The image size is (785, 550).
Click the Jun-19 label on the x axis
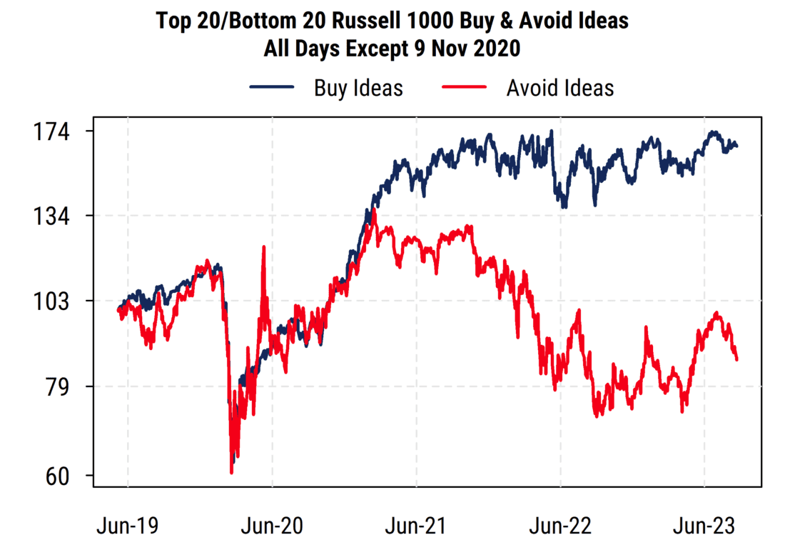(x=128, y=527)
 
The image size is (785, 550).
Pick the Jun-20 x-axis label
(x=272, y=527)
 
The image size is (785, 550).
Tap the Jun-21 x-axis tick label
(x=416, y=527)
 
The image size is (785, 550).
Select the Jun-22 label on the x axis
(x=561, y=527)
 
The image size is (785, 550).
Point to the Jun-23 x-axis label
(x=705, y=527)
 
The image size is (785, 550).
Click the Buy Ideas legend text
(x=358, y=88)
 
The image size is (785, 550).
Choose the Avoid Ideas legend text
(x=559, y=88)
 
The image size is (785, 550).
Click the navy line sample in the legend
(x=272, y=88)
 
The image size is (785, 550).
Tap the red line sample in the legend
(x=465, y=88)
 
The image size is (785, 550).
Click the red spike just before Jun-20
(x=264, y=247)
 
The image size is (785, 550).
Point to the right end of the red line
(x=737, y=359)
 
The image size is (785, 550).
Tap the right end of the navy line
(x=737, y=146)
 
